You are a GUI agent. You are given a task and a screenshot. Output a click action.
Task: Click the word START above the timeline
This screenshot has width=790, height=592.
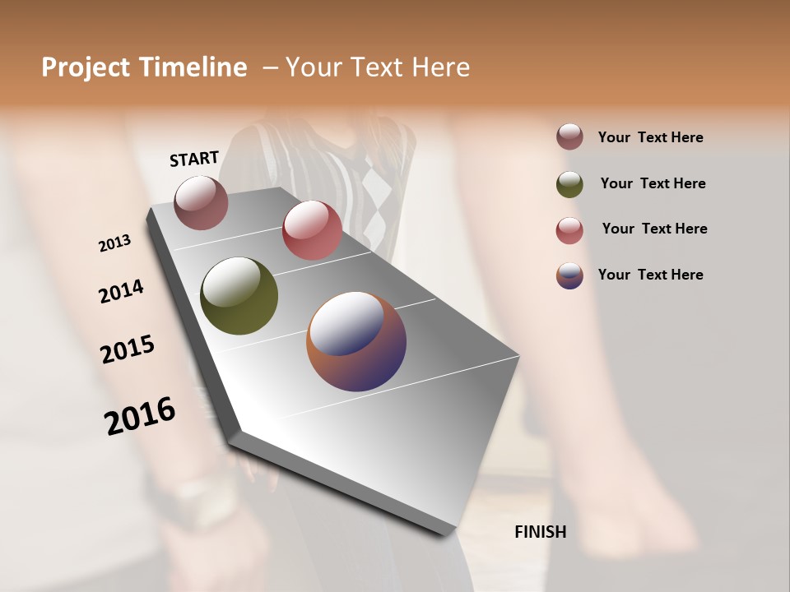coord(194,159)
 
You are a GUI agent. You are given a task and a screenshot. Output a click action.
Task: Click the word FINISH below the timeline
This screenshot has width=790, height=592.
coord(540,532)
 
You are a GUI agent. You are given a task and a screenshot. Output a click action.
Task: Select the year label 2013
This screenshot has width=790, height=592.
coord(114,243)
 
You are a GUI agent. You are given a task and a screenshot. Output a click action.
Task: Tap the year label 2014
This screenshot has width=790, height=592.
coord(121,292)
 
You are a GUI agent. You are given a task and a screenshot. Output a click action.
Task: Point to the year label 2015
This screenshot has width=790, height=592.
coord(128,349)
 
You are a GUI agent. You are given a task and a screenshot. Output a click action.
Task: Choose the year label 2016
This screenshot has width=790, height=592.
coord(140,415)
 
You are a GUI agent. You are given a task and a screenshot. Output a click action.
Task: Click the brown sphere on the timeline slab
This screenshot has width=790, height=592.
coord(201,202)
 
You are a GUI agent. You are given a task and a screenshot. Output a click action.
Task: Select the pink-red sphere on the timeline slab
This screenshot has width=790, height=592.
coord(312,230)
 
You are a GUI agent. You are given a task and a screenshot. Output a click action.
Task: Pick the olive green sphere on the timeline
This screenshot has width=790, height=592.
coord(239,296)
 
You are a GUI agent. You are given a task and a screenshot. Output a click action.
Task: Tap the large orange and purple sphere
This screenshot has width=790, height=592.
coord(356,340)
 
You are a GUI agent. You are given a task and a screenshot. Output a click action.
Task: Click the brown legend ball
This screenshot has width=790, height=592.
coord(569,137)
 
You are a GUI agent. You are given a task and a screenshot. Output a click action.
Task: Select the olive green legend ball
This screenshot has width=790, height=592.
coord(569,183)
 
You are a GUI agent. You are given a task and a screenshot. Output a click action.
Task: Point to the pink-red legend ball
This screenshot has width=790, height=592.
coord(569,229)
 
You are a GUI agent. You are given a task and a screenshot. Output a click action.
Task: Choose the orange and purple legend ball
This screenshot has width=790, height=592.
coord(569,275)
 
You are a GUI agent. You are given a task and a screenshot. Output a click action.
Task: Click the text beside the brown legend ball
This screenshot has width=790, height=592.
coord(650,137)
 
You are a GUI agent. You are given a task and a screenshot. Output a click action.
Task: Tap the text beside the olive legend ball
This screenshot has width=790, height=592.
coord(653,183)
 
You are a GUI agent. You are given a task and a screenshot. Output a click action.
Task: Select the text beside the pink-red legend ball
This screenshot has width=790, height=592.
coord(654,229)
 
